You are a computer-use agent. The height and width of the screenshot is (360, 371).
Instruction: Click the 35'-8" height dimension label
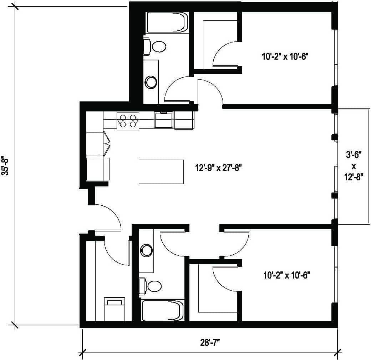click(x=5, y=165)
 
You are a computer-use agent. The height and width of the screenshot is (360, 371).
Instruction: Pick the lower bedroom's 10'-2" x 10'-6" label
click(x=287, y=275)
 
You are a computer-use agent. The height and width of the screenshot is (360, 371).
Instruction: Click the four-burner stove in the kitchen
click(x=128, y=120)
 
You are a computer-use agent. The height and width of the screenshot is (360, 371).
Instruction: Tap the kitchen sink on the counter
click(x=163, y=120)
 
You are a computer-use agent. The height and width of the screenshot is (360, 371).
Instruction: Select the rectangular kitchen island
click(x=161, y=172)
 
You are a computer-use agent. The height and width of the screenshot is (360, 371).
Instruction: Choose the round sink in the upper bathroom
click(x=151, y=82)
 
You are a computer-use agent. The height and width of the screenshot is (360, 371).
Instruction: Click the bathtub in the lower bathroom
click(x=163, y=310)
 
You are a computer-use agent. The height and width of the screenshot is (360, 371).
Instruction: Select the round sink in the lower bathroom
click(x=146, y=250)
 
